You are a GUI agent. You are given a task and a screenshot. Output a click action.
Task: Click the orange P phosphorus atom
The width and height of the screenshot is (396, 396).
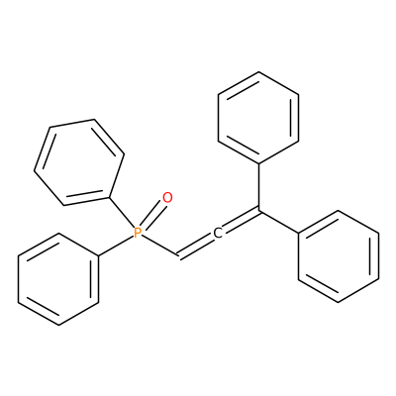pyautogui.click(x=138, y=233)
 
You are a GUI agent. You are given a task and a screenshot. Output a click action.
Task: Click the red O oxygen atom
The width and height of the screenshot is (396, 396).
pyautogui.click(x=167, y=198)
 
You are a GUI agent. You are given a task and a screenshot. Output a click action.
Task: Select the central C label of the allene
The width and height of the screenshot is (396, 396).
pyautogui.click(x=218, y=233)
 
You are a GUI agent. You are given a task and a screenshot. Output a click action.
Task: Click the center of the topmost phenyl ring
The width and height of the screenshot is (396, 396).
pyautogui.click(x=258, y=118)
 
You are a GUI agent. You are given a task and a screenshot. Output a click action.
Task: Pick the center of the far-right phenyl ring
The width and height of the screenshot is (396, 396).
pyautogui.click(x=339, y=256)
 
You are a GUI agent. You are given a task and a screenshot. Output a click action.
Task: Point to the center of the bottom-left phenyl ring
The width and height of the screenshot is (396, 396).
pyautogui.click(x=58, y=279)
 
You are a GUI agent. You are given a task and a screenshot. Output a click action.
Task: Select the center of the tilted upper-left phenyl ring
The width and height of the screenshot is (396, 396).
pyautogui.click(x=79, y=162)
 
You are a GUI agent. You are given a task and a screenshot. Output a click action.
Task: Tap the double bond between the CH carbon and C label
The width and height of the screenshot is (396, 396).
pyautogui.click(x=196, y=246)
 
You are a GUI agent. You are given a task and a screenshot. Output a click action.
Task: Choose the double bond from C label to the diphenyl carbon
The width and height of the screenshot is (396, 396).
pyautogui.click(x=241, y=220)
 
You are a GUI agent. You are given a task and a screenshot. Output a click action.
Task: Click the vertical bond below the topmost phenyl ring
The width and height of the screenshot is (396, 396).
pyautogui.click(x=258, y=186)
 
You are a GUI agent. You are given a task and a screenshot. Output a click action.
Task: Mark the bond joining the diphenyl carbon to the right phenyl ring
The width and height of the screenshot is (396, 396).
pyautogui.click(x=278, y=221)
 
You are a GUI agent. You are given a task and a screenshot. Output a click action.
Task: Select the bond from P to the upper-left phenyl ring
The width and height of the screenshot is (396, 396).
pyautogui.click(x=121, y=213)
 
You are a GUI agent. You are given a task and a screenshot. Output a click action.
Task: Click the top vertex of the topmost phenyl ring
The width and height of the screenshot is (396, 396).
pyautogui.click(x=258, y=72)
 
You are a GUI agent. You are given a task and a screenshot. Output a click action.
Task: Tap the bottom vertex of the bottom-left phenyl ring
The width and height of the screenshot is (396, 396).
pyautogui.click(x=58, y=325)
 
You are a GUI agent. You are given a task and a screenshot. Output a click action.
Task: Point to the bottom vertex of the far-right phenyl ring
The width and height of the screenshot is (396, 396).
pyautogui.click(x=339, y=302)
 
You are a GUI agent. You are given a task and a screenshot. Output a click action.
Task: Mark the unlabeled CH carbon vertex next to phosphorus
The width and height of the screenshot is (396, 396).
pyautogui.click(x=178, y=256)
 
